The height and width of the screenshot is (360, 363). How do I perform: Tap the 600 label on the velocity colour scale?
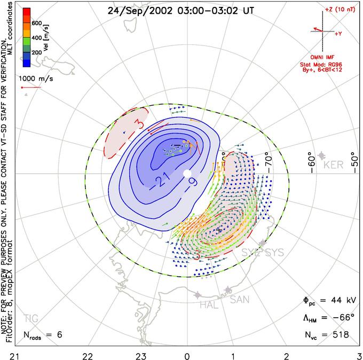tap(37, 23)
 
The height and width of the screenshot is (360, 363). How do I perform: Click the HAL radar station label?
tap(209, 306)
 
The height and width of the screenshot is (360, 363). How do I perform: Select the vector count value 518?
tap(339, 335)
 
